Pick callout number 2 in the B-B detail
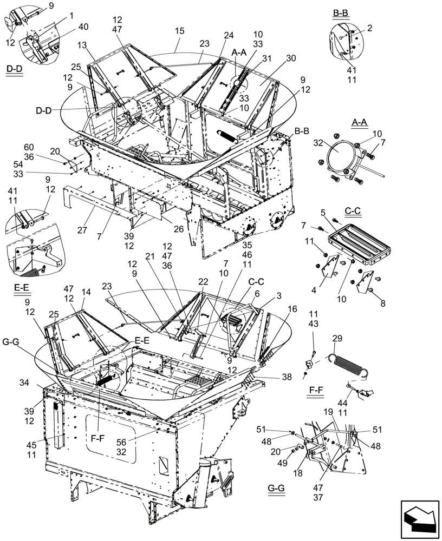(369, 28)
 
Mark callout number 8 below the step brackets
(382, 304)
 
